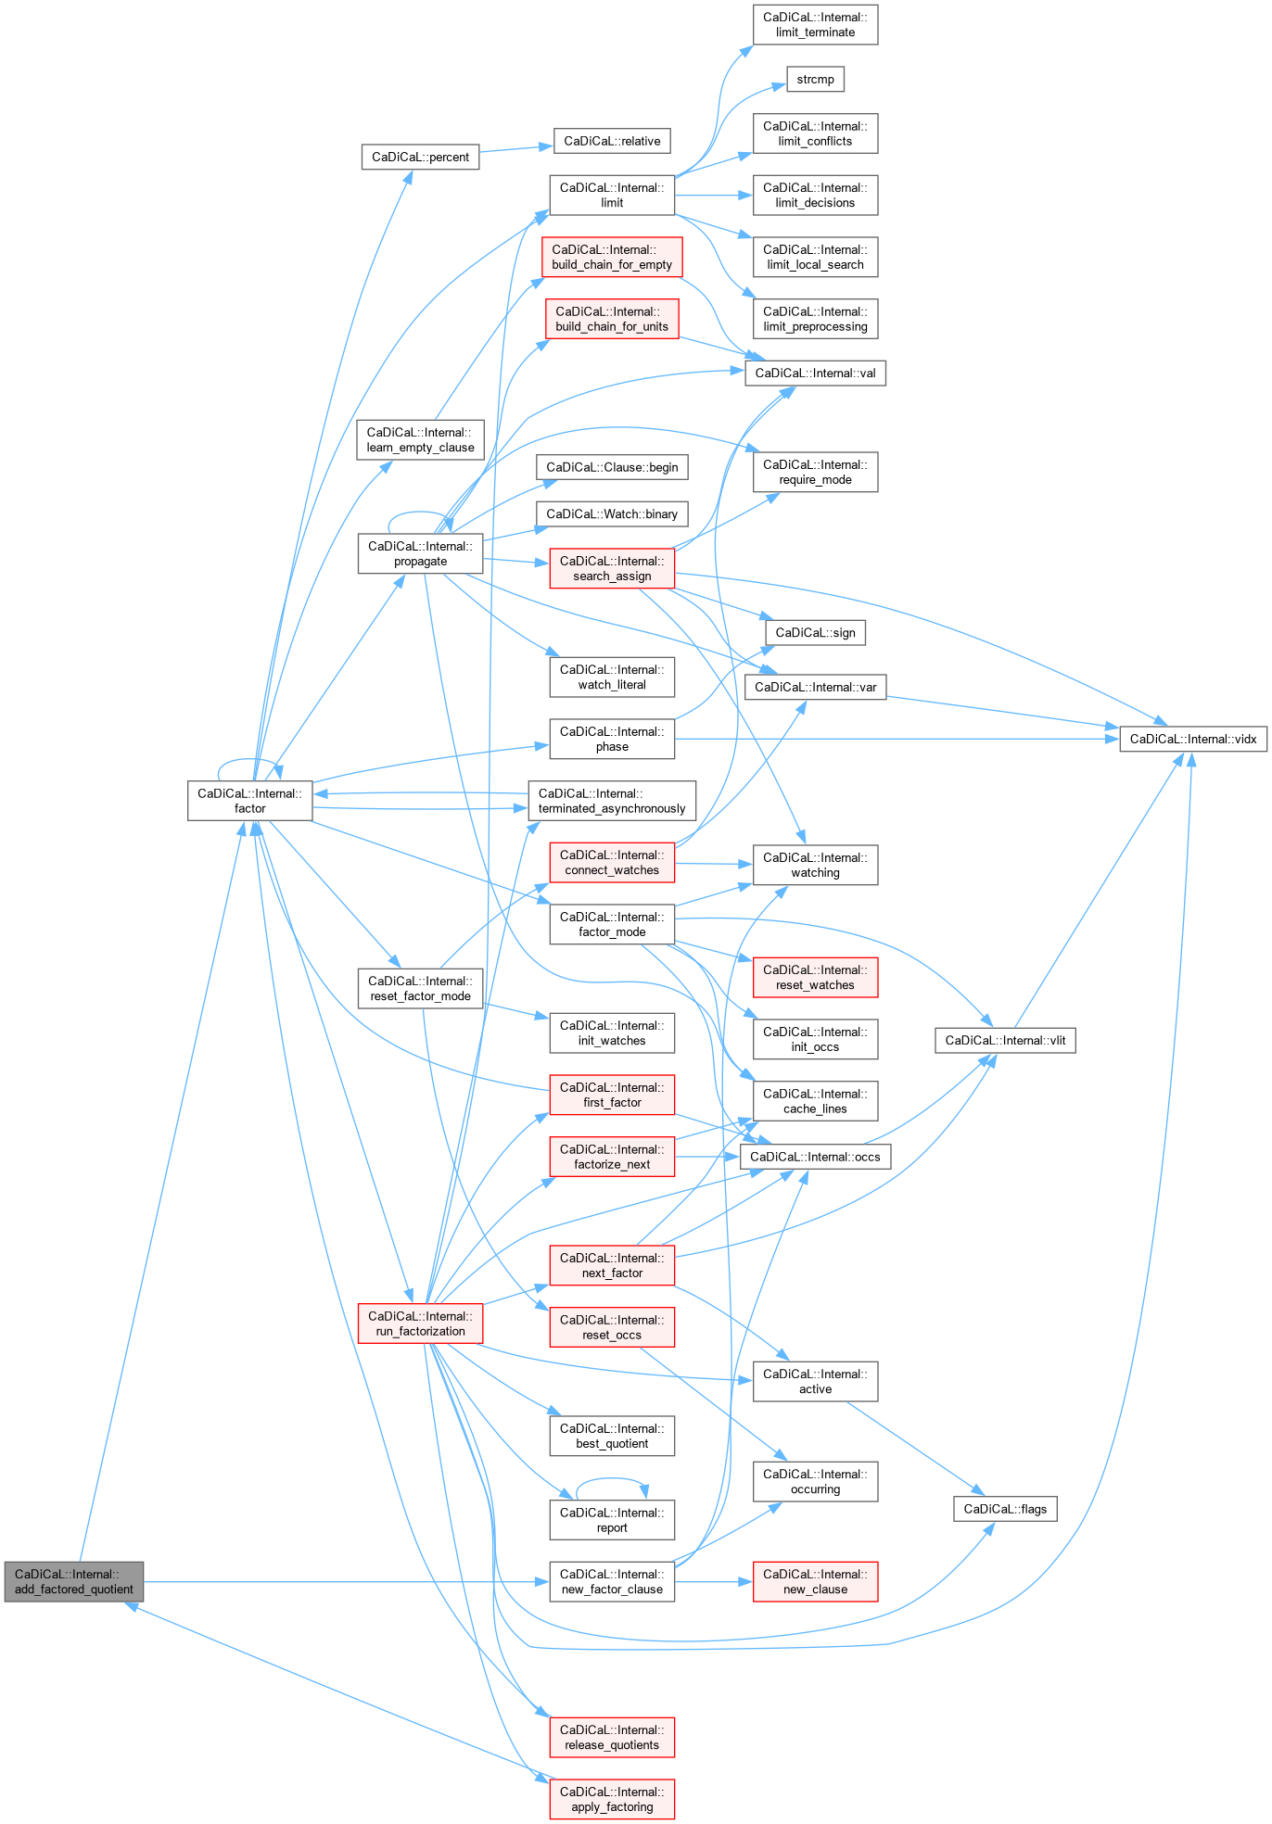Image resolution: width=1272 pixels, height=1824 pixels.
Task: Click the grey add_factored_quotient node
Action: coord(74,1581)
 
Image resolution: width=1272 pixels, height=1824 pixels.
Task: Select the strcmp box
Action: coord(815,79)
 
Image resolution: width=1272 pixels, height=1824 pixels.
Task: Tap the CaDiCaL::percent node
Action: coord(420,157)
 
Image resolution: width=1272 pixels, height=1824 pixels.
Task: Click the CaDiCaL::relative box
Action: coord(612,141)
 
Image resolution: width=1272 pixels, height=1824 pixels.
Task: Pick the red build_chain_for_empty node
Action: coord(612,257)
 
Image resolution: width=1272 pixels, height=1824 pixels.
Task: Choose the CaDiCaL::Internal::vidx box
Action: coord(1193,739)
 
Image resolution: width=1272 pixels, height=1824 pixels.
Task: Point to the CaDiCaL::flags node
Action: coord(1005,1509)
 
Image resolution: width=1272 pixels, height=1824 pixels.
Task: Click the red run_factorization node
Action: coord(420,1324)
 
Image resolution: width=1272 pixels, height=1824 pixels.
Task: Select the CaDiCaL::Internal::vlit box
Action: coord(1005,1040)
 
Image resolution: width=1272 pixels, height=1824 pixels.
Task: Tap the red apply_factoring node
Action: coord(612,1799)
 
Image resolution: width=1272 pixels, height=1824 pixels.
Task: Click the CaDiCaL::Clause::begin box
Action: coord(612,467)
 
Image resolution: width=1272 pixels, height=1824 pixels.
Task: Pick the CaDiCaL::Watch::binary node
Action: coord(612,513)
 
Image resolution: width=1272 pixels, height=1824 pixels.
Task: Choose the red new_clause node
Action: coord(815,1581)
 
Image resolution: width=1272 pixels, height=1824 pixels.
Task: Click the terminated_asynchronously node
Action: coord(612,801)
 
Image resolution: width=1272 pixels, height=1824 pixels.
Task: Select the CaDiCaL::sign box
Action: coord(815,632)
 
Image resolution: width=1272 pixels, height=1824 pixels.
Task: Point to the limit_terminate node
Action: coord(815,24)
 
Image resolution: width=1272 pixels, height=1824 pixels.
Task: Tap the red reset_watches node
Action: coord(815,977)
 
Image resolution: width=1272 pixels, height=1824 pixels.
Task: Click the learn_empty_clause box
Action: coord(420,439)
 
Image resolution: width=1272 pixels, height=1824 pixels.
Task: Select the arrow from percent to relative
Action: coord(516,148)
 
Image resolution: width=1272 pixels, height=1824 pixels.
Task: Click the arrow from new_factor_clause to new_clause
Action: coord(713,1581)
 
